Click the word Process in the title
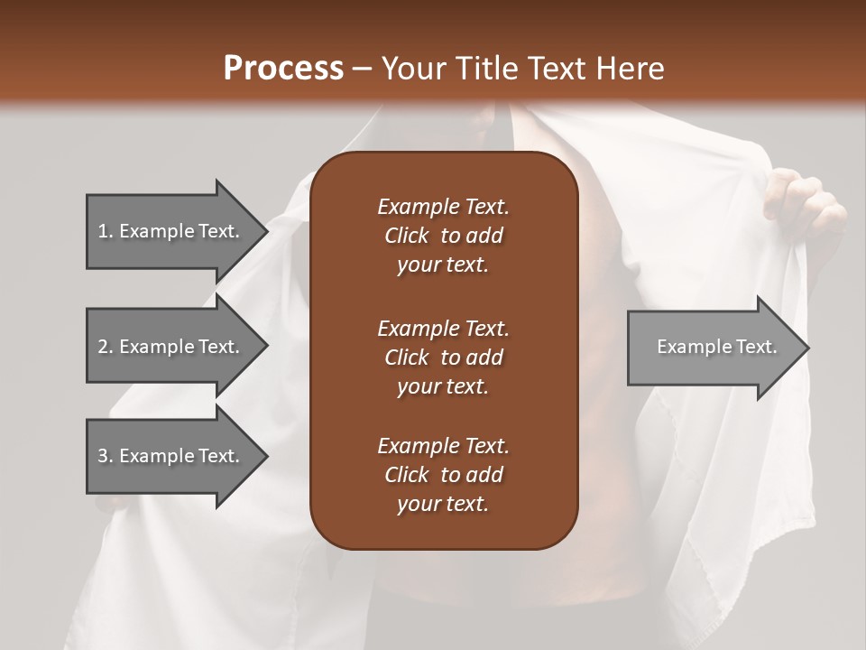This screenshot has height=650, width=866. [283, 69]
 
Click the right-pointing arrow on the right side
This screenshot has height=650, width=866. [713, 348]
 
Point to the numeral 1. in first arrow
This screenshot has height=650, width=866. [105, 231]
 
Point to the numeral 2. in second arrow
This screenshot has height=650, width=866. [105, 347]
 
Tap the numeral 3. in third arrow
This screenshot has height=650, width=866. [105, 456]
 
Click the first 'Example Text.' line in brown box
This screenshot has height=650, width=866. [443, 207]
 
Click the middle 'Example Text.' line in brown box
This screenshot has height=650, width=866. [443, 328]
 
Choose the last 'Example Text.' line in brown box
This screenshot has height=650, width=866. [443, 446]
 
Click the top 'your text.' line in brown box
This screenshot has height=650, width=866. [443, 265]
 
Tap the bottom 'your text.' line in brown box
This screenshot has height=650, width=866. [443, 505]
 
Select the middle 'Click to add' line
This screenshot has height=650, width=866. [443, 357]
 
